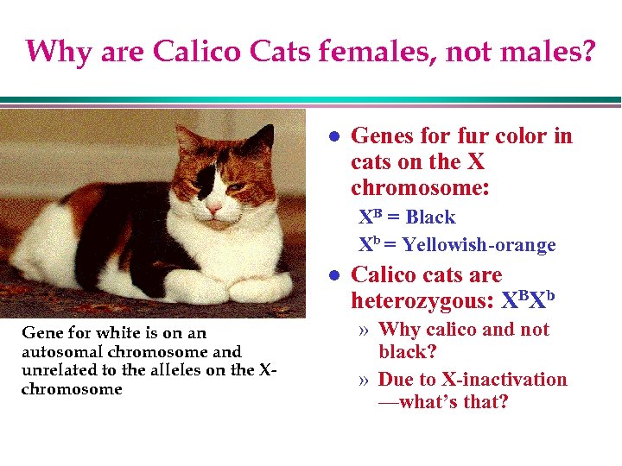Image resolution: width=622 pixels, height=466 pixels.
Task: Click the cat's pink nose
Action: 212,208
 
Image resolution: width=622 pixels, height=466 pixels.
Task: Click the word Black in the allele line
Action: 430,217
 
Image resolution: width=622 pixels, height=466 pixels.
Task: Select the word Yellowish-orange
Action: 479,246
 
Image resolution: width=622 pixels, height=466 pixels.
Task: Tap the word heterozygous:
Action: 422,301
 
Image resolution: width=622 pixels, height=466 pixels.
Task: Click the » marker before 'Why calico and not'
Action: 365,330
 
